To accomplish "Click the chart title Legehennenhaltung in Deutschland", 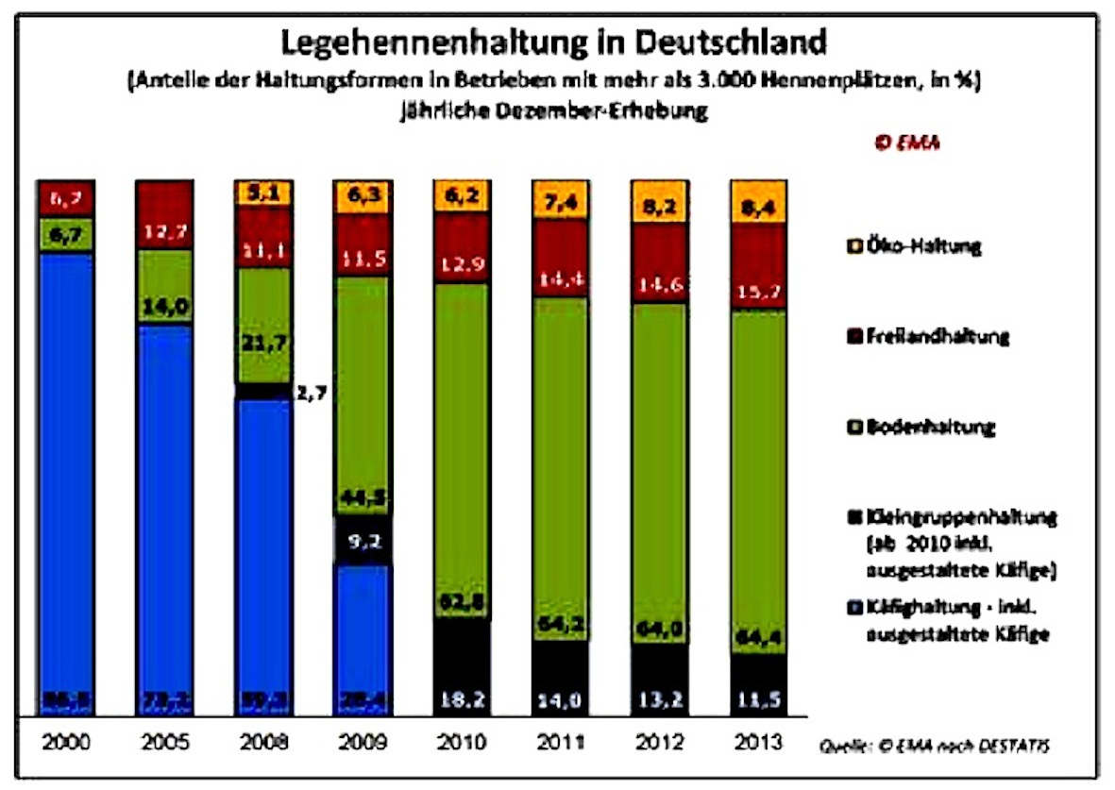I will coord(556,43).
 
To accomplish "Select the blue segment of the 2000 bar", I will coord(66,472).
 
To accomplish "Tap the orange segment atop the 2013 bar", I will coord(758,200).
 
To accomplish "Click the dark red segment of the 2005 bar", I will coord(164,214).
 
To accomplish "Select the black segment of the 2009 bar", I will coord(363,541).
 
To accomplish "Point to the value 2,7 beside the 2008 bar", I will coord(313,391).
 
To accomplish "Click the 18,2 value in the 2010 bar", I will coord(462,699).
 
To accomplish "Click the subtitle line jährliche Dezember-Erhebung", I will coord(556,110).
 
